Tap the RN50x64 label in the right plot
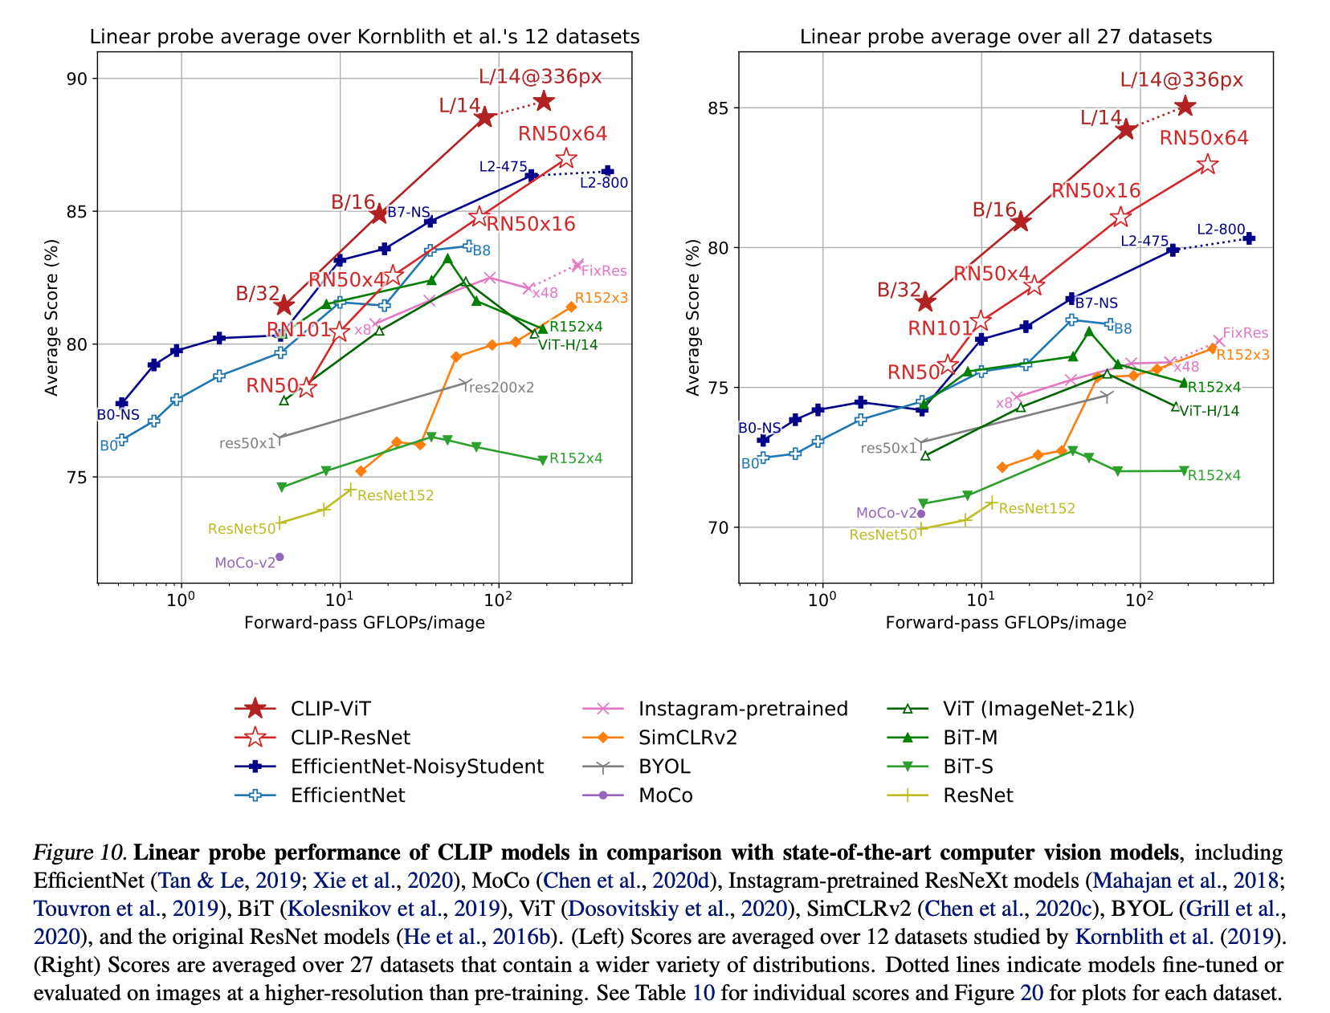click(x=1204, y=138)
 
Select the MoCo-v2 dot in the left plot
click(x=279, y=556)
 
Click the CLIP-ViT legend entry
click(x=332, y=709)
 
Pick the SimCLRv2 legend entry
click(x=687, y=738)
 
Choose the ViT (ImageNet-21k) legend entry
click(x=1038, y=709)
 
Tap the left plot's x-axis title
click(x=364, y=623)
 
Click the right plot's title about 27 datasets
click(x=1006, y=37)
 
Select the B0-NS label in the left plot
click(x=118, y=415)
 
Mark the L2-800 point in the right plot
click(x=1249, y=238)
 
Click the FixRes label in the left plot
click(x=604, y=271)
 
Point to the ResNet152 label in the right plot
click(x=1037, y=508)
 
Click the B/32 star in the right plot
click(x=925, y=302)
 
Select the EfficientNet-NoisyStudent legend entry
click(x=418, y=767)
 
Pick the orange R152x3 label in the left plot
click(x=602, y=298)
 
